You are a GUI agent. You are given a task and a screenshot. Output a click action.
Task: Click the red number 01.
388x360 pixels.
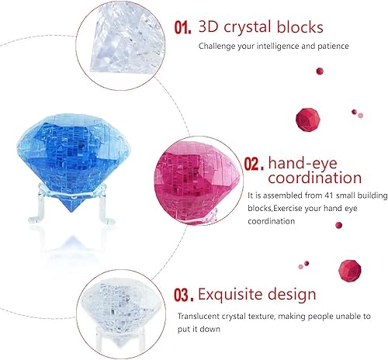[x=182, y=28]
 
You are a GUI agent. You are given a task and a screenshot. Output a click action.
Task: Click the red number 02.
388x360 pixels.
[x=255, y=164]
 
